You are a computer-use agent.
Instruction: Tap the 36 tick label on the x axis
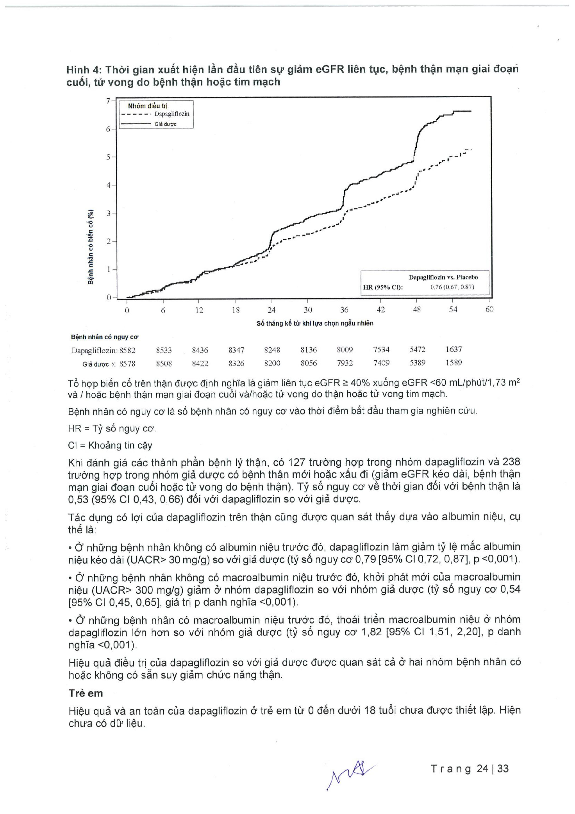tap(344, 310)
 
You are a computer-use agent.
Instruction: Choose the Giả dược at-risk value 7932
tap(345, 363)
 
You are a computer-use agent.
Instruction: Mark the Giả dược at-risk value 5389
tap(417, 363)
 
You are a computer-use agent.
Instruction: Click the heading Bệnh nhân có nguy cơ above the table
tap(104, 337)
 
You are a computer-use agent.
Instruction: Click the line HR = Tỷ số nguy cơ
tap(112, 429)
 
